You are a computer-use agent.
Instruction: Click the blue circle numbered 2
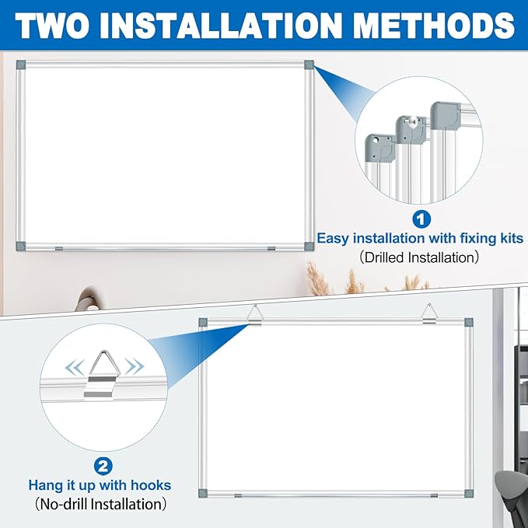click(x=103, y=467)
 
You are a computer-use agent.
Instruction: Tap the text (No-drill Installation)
click(x=101, y=504)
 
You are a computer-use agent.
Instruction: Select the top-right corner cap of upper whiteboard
click(x=309, y=65)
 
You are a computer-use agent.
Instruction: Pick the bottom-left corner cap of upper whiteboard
click(x=19, y=245)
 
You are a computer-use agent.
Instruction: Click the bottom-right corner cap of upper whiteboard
click(x=309, y=245)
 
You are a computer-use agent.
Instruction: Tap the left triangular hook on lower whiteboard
click(x=254, y=315)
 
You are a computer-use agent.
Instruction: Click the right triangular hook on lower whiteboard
click(x=428, y=315)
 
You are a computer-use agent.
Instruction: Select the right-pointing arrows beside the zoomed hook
click(x=137, y=365)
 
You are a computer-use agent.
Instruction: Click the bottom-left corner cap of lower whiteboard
click(x=204, y=492)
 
